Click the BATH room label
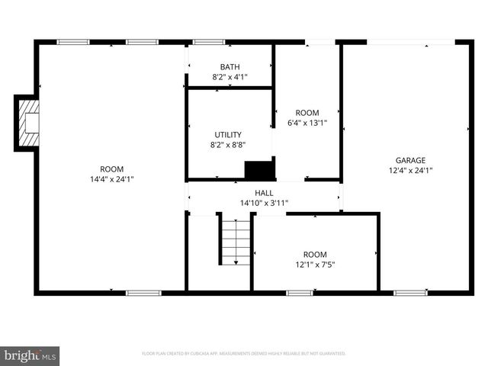230,66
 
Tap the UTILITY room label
228,134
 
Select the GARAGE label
409,160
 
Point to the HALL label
264,193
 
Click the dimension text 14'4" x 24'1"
111,179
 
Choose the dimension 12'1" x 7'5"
314,265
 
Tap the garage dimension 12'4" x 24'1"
409,170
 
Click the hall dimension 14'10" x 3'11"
264,203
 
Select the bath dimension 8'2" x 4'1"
230,77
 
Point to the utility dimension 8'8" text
228,144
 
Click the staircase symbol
236,240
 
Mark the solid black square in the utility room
258,171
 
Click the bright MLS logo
30,355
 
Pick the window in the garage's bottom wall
409,292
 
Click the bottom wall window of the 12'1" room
300,292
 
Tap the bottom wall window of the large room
143,292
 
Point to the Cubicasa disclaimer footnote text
244,354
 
